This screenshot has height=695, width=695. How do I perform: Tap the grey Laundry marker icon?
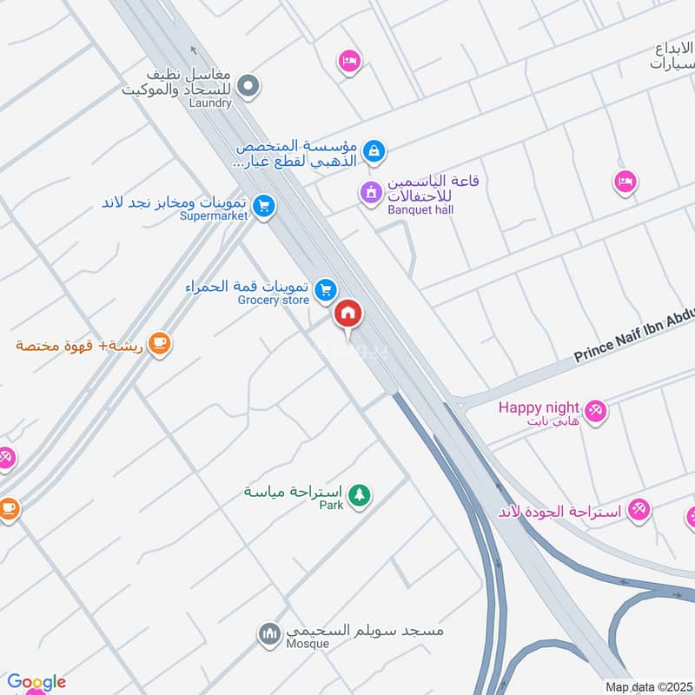pos(248,85)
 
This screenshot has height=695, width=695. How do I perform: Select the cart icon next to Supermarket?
pos(265,206)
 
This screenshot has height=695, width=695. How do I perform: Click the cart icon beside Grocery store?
pos(326,289)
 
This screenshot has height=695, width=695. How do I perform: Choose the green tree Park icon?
pos(358,495)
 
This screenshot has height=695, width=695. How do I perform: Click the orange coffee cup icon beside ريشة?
pos(159,345)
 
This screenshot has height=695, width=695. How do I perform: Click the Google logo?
pos(36,682)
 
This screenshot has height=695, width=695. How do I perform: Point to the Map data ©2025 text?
pos(647,686)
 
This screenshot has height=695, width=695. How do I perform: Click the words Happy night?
pos(539,407)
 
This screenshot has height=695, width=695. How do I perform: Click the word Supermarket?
pos(213,216)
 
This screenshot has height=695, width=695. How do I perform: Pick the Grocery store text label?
pos(274,301)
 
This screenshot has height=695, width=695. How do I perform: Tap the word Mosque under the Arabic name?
pos(308,644)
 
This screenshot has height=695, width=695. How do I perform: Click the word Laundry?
pos(210,103)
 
